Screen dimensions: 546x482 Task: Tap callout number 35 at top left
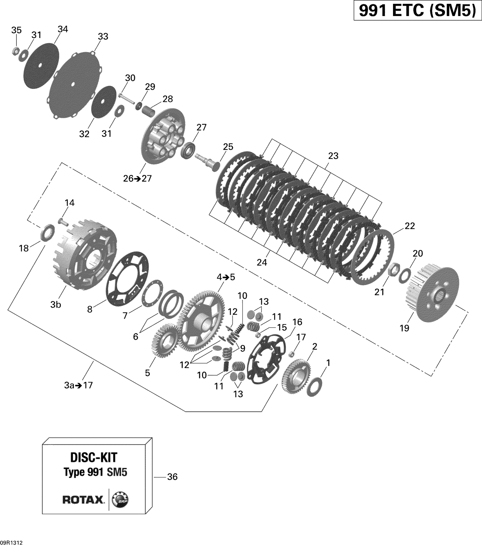[x=16, y=30]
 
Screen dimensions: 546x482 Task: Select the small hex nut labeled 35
[x=15, y=51]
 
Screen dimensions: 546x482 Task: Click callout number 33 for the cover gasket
[x=103, y=36]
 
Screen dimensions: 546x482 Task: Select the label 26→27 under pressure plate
[x=137, y=178]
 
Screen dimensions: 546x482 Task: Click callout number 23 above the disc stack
[x=333, y=156]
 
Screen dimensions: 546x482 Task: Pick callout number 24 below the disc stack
[x=262, y=262]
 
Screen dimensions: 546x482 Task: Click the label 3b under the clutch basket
[x=55, y=304]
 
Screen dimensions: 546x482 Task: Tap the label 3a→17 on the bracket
[x=78, y=385]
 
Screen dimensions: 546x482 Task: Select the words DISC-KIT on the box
[x=94, y=457]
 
